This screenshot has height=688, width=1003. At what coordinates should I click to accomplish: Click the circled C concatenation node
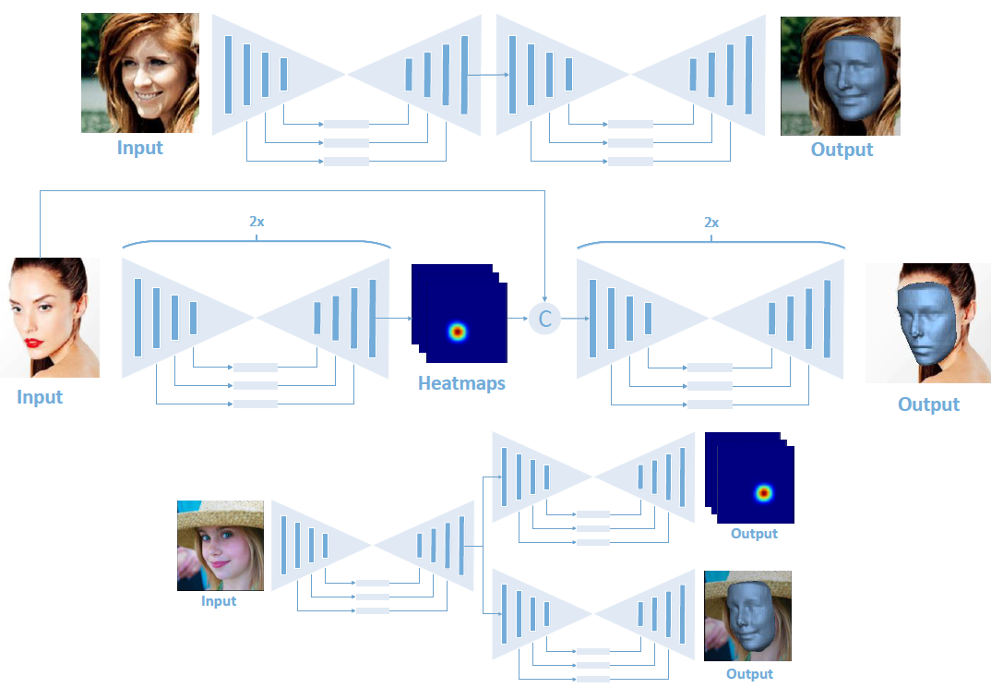click(x=544, y=319)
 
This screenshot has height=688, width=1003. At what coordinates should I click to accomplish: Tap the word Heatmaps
click(x=461, y=383)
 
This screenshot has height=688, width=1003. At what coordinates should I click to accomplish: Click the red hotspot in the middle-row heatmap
click(x=456, y=331)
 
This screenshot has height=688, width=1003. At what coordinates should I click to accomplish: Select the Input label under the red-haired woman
click(x=140, y=148)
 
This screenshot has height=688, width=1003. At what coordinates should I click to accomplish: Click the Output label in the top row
click(x=842, y=150)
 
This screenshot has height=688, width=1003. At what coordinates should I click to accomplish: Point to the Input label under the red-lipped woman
click(x=40, y=397)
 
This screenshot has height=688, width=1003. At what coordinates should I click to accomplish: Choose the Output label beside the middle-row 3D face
click(x=928, y=404)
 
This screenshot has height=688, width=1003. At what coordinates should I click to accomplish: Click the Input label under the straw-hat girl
click(x=219, y=601)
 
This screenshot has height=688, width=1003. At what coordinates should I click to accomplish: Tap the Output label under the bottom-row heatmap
click(x=754, y=534)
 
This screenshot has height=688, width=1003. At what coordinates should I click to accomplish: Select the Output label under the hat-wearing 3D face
click(x=749, y=674)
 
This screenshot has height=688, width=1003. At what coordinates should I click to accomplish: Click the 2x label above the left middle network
click(x=257, y=223)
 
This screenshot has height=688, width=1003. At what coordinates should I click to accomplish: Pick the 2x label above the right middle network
click(x=710, y=223)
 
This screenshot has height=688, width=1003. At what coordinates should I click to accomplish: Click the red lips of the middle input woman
click(x=34, y=343)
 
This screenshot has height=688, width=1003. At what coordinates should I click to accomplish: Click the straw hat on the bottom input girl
click(x=221, y=513)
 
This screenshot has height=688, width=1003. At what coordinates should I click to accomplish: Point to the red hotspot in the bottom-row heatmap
click(x=763, y=492)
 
